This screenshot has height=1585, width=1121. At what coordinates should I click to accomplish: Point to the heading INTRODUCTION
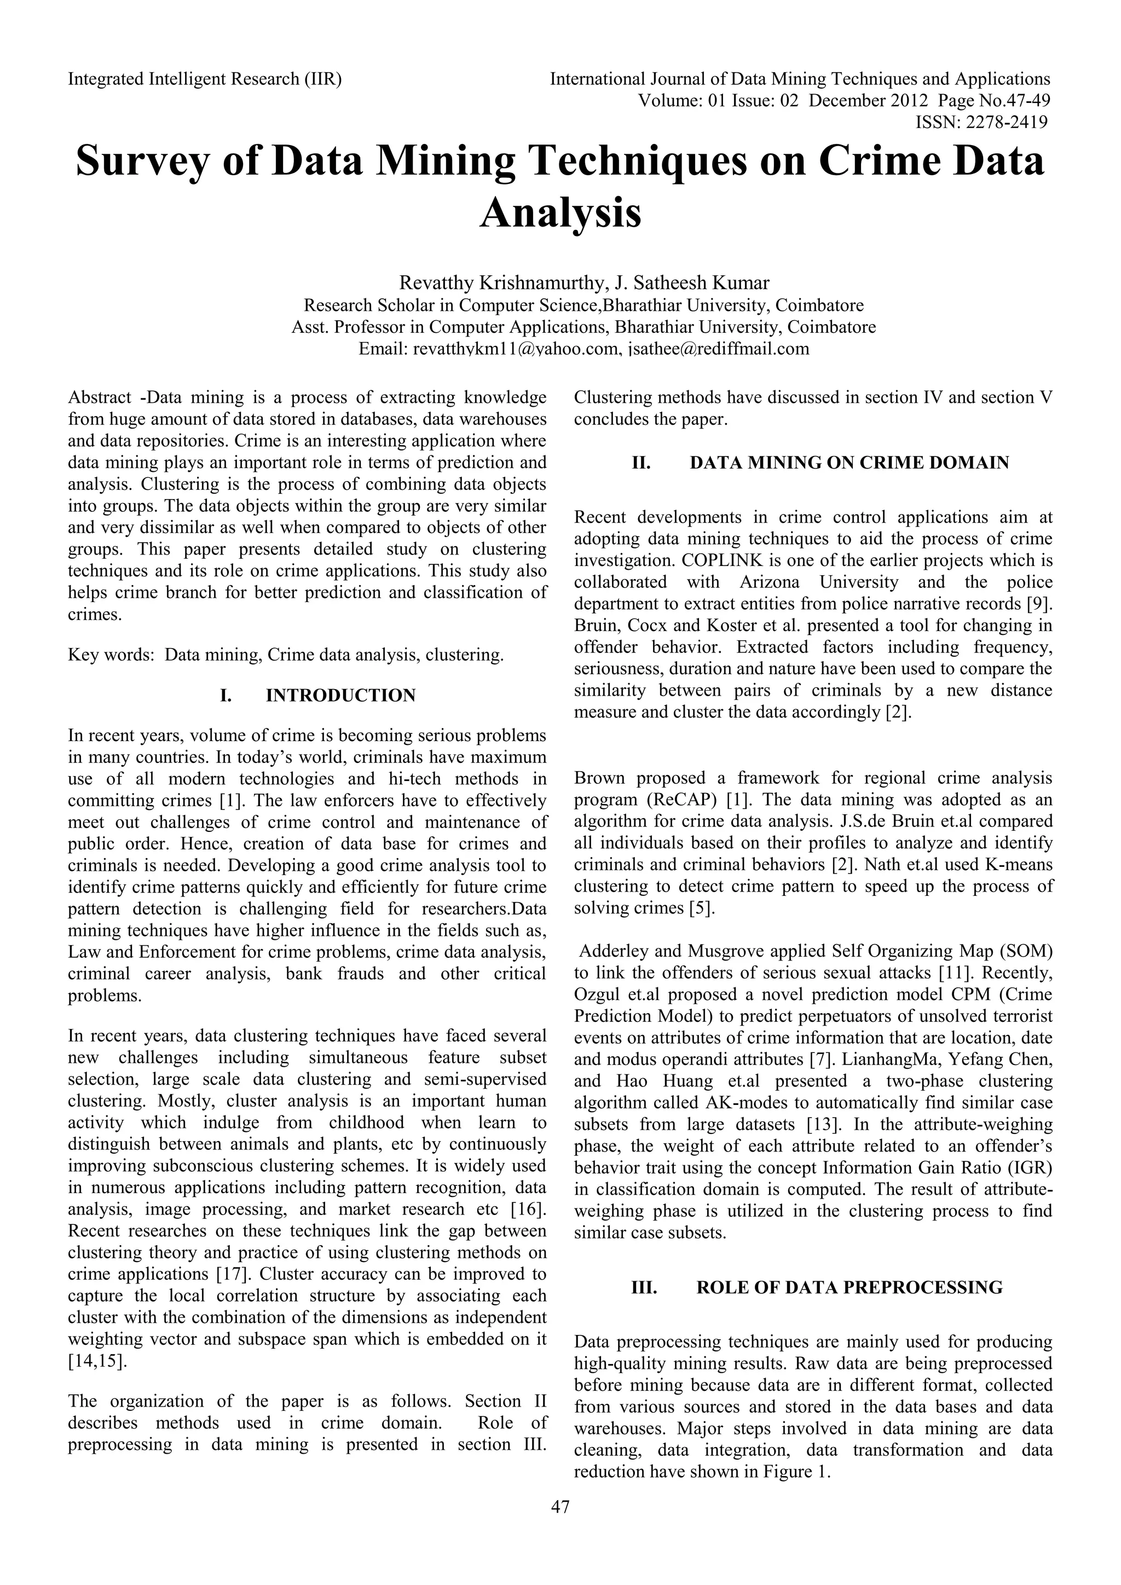point(340,695)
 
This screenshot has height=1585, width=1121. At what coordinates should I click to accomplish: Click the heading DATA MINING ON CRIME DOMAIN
point(848,462)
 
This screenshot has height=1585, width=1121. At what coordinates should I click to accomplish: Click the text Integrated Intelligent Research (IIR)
point(204,79)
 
